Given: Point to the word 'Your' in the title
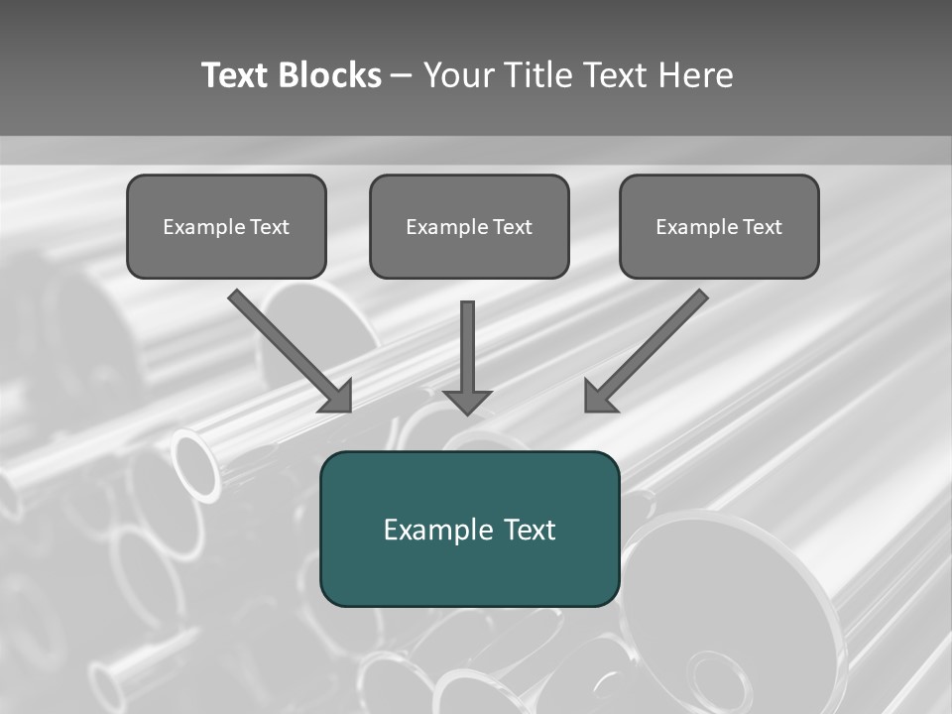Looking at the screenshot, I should (x=460, y=75).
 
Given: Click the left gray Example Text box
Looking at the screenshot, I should (x=226, y=226).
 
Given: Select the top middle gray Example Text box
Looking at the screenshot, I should (x=469, y=226).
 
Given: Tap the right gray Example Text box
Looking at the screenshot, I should (x=719, y=226).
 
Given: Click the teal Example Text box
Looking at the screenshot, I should (x=469, y=529).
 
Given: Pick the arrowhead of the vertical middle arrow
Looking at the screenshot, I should (x=467, y=402).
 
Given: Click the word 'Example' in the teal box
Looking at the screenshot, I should (x=432, y=530).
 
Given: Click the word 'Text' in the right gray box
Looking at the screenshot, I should (x=763, y=227).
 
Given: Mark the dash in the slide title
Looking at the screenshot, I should (x=402, y=75).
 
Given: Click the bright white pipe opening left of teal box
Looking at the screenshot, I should (x=195, y=464).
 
